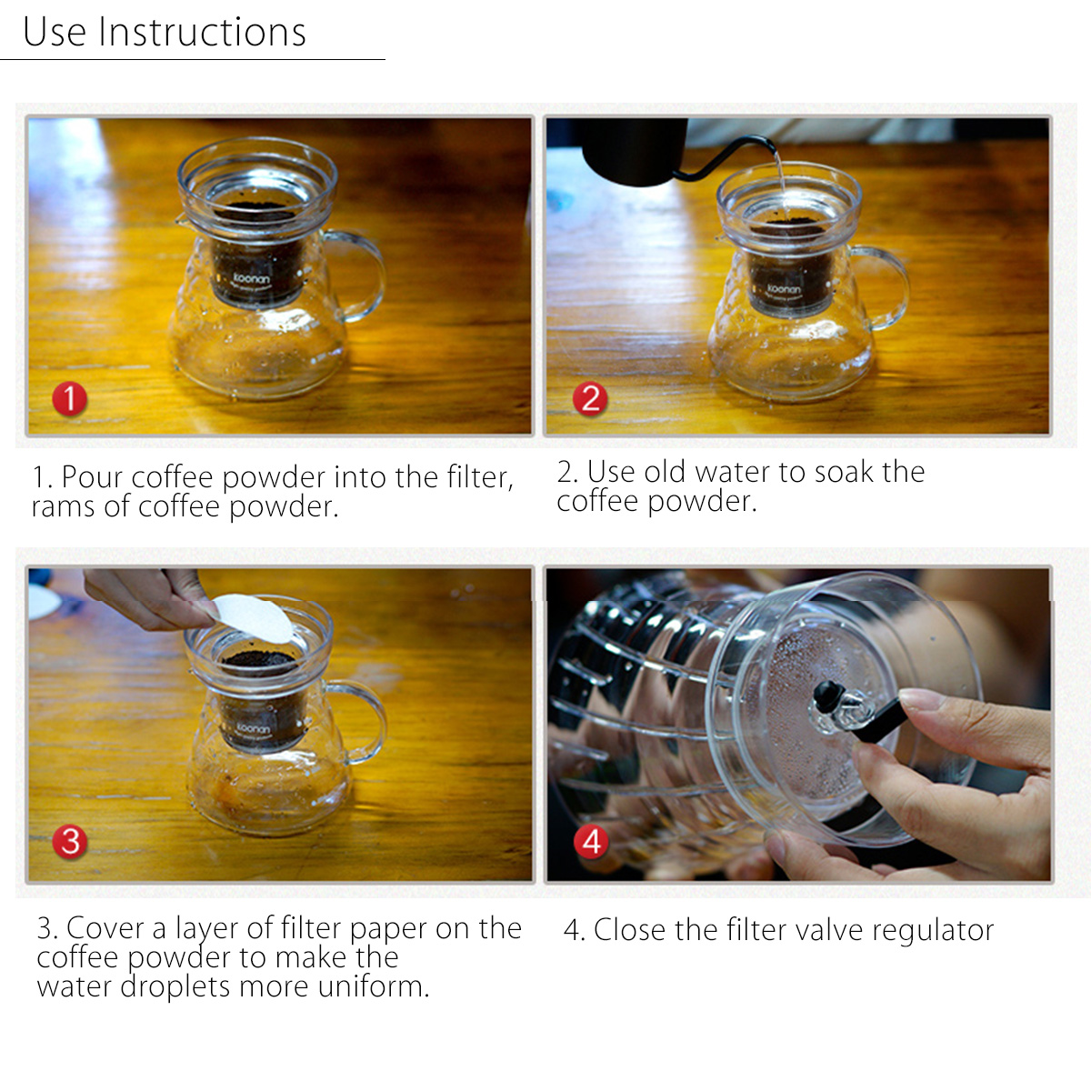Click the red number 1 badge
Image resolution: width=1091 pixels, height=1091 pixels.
point(70,398)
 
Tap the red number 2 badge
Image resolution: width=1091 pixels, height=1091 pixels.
point(590,398)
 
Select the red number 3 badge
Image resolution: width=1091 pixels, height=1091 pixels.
point(70,841)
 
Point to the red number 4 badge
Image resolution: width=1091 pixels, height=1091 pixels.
point(591,841)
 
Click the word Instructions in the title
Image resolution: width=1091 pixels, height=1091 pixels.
point(202,32)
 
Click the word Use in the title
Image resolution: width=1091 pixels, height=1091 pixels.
point(55,32)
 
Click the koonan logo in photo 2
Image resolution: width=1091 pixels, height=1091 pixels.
point(784,289)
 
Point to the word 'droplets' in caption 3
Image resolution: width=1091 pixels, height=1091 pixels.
point(175,986)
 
